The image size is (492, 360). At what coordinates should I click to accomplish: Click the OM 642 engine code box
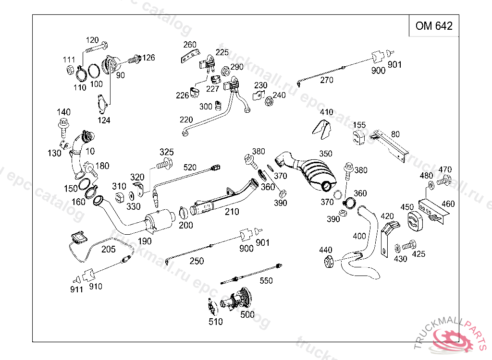[x=434, y=26]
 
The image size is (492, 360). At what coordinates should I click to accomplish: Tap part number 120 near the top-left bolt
[x=92, y=40]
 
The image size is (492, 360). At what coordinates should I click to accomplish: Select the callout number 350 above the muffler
[x=326, y=154]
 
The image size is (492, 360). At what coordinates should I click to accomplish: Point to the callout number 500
[x=247, y=314]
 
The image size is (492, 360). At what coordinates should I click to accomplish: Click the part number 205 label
[x=108, y=249]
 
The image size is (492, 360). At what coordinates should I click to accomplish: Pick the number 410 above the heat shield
[x=326, y=112]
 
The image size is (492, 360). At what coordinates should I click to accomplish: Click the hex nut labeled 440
[x=329, y=261]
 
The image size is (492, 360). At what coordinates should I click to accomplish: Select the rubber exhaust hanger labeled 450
[x=415, y=220]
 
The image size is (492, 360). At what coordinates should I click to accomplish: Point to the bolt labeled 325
[x=165, y=164]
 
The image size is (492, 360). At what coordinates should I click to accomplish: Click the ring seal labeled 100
[x=94, y=71]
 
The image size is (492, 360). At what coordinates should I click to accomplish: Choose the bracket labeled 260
[x=190, y=56]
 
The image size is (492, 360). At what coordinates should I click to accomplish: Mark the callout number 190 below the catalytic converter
[x=145, y=241]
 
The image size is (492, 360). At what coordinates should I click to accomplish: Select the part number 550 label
[x=266, y=281]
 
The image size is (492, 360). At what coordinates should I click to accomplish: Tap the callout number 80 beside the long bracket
[x=395, y=134]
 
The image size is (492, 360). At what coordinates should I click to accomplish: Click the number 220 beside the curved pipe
[x=186, y=120]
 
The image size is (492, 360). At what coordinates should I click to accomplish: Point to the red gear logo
[x=452, y=338]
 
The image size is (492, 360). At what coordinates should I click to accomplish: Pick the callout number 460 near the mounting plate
[x=448, y=204]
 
